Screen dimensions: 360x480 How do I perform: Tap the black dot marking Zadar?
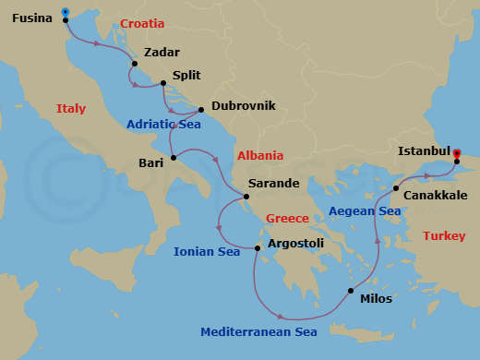pos(135,64)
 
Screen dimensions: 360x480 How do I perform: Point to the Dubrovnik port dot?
pos(200,108)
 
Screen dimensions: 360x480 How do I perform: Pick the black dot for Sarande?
pos(246,196)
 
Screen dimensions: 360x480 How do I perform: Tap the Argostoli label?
pos(295,244)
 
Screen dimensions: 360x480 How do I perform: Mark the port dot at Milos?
pos(350,291)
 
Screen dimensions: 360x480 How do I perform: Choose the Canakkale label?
pos(437,196)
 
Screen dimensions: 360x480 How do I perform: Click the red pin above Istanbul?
pos(457,154)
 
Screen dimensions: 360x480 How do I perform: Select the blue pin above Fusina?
pos(65,12)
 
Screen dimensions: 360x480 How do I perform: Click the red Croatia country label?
pos(143,22)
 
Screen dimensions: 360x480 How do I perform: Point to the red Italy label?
pos(71,108)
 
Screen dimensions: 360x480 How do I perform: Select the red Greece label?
pos(287,219)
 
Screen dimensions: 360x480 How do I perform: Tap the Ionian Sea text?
pos(207,251)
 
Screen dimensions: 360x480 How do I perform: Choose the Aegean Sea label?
pos(365,211)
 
